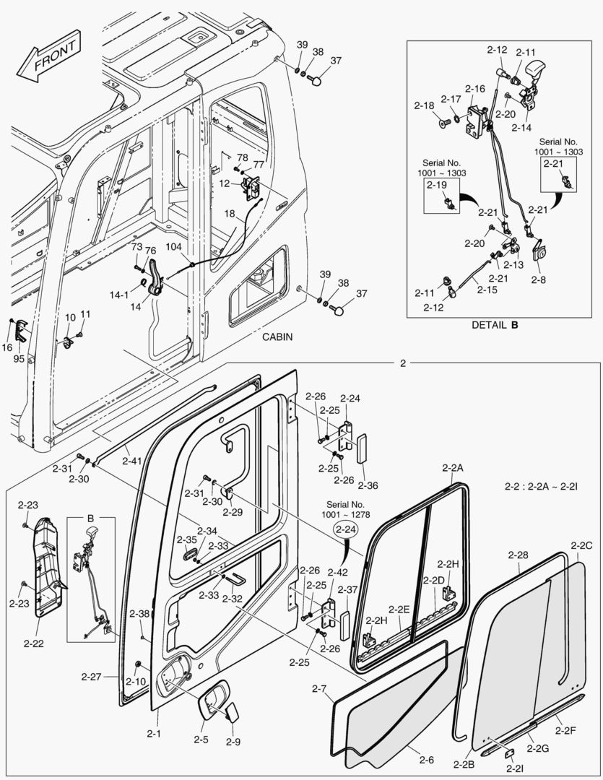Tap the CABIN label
(277, 337)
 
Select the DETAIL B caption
(495, 325)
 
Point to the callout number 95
(19, 359)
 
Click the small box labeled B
(90, 519)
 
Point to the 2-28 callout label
(518, 555)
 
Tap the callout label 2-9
(233, 742)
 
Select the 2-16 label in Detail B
(474, 89)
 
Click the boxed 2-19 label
(437, 186)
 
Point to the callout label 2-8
(539, 277)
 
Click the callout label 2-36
(368, 485)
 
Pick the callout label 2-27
(92, 677)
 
